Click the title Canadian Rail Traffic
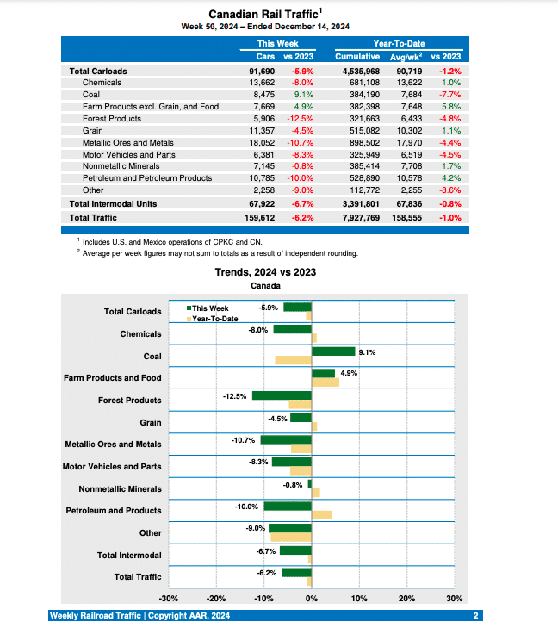point(263,14)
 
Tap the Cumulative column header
point(356,56)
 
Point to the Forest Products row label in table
point(114,118)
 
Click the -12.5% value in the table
point(301,118)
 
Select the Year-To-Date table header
point(399,43)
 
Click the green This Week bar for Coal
point(332,351)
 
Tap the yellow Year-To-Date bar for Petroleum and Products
point(321,515)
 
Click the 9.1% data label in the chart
point(366,351)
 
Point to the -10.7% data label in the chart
point(244,440)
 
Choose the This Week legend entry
point(208,308)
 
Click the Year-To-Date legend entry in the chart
point(213,319)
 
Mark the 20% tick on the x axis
point(406,598)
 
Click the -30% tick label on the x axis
point(169,598)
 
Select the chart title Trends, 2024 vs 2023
point(265,272)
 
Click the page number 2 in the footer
point(475,615)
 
